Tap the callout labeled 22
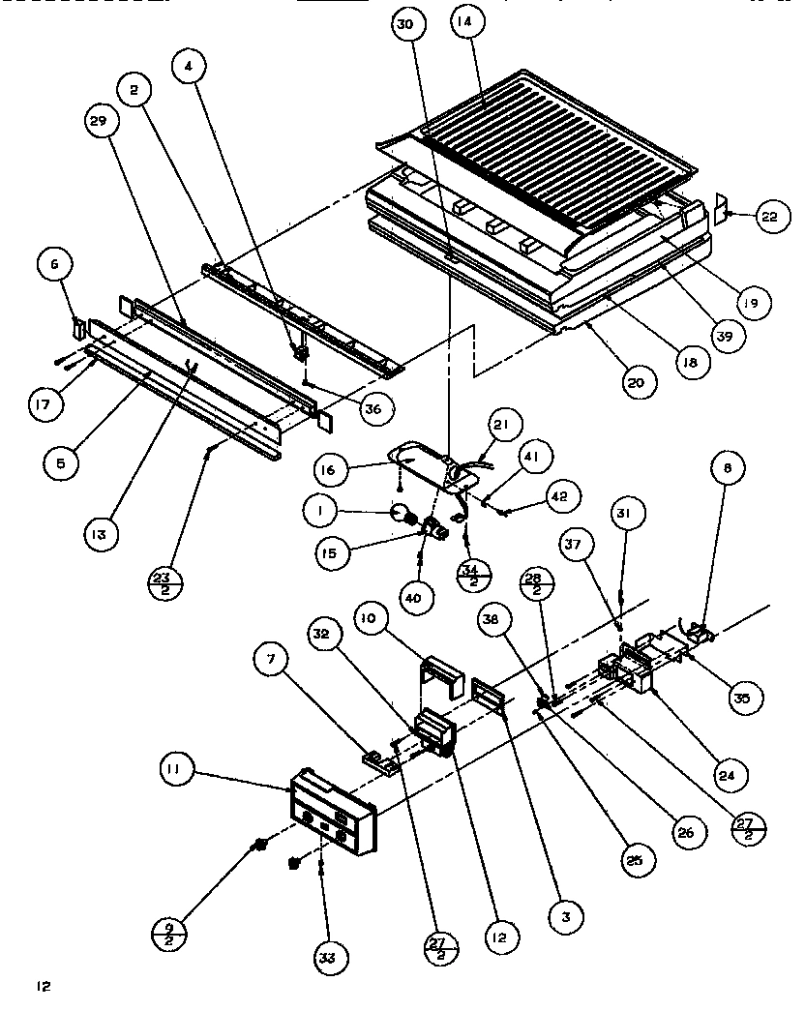click(x=767, y=218)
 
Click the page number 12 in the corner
click(x=43, y=987)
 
